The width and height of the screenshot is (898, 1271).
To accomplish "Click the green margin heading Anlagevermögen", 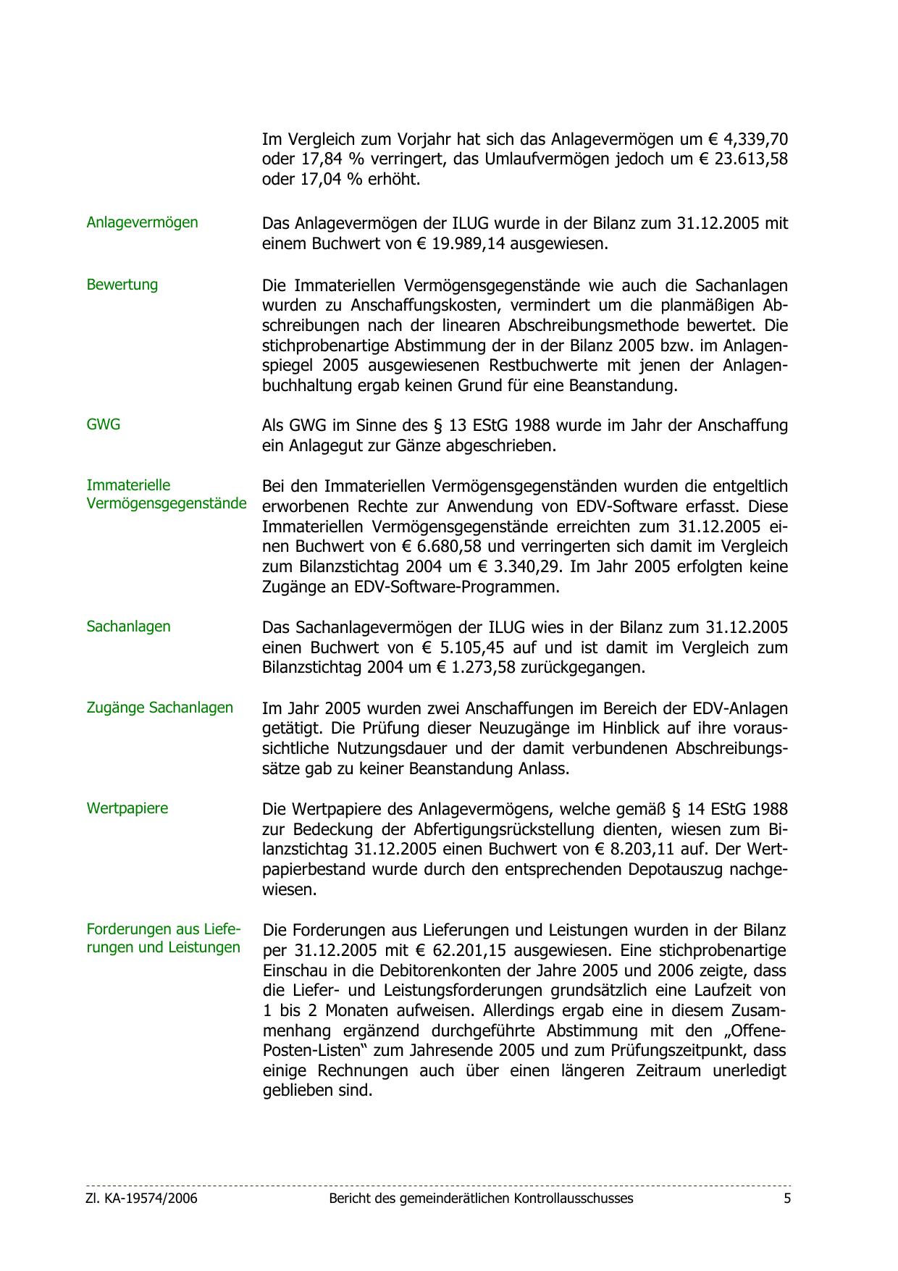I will (142, 222).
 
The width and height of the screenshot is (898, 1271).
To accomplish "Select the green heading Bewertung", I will (122, 285).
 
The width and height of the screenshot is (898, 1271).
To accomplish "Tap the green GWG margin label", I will (103, 424).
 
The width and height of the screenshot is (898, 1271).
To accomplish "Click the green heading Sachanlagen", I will (128, 626).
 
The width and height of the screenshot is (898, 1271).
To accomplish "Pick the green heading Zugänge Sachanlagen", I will (159, 708).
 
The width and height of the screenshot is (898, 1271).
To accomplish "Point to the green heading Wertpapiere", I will (127, 808).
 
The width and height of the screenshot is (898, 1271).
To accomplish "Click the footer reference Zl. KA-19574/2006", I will (141, 1199).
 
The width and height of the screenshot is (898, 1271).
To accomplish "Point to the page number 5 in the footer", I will (787, 1199).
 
